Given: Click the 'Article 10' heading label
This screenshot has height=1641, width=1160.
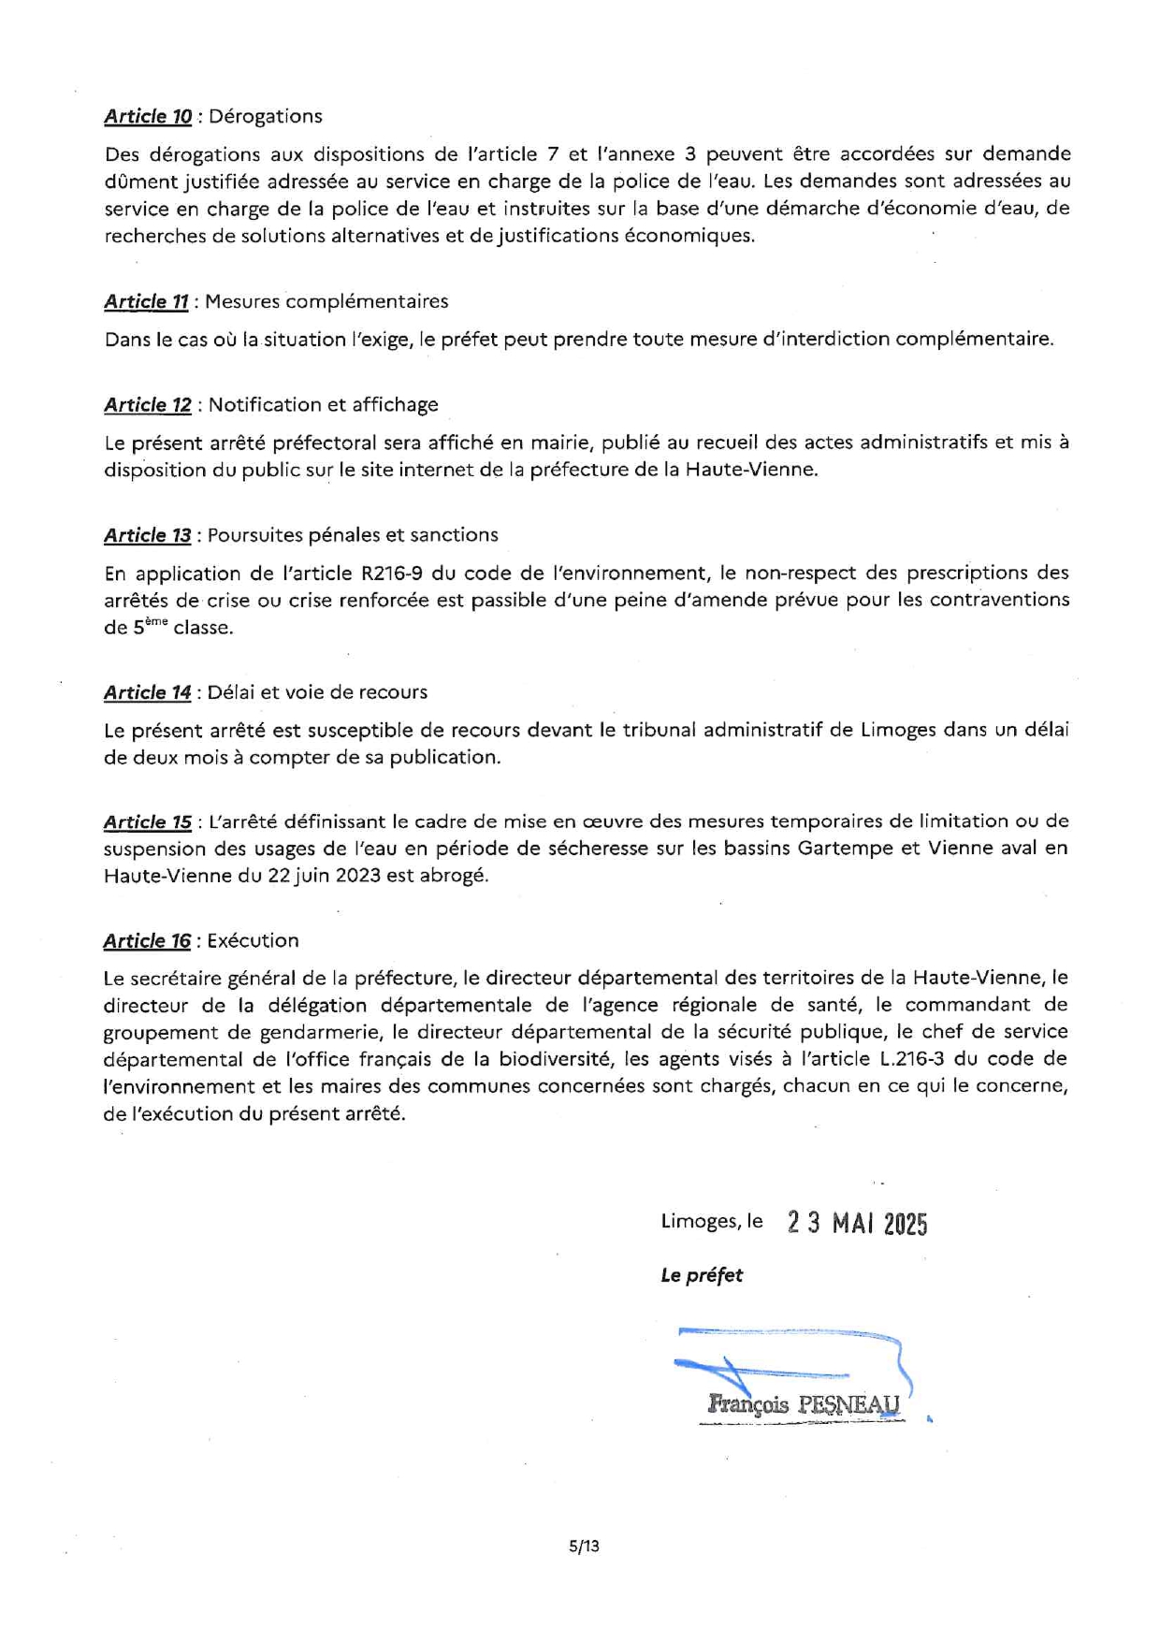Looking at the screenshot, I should [148, 117].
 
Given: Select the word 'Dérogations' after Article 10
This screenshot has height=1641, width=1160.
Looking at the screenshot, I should [265, 117].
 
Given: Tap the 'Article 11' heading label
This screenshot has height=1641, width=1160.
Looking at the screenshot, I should [146, 302].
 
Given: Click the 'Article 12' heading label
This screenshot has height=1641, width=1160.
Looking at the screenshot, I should [148, 405].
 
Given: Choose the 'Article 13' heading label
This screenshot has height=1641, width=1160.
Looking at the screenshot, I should [148, 535].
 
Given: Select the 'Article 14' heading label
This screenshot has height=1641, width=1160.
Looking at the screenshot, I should [148, 692].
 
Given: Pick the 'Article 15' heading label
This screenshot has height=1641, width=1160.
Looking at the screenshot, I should [148, 822].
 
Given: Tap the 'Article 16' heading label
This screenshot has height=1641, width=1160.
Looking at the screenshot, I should [147, 941].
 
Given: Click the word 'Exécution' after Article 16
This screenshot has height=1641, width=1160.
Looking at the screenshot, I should [253, 941].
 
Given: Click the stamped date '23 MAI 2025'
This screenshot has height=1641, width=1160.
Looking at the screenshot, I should [857, 1224].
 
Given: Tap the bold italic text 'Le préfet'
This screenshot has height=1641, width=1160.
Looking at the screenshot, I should [702, 1275].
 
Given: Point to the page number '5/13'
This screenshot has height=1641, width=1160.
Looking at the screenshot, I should [584, 1547].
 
